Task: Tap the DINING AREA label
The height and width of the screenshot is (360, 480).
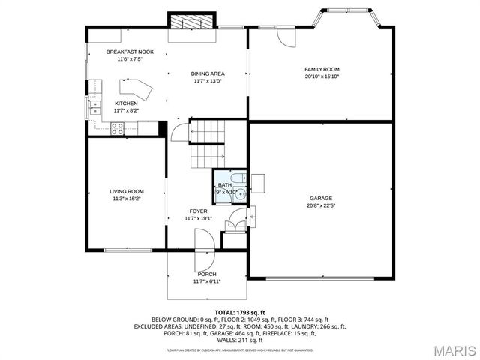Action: click(208, 73)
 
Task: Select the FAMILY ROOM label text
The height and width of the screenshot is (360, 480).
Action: click(322, 69)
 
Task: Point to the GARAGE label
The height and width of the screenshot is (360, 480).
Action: click(321, 198)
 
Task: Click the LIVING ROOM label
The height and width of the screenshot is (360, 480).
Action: click(127, 191)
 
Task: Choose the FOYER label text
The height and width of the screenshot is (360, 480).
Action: click(198, 211)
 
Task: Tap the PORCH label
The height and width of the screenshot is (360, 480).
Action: click(207, 274)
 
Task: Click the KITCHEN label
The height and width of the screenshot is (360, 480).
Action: click(125, 103)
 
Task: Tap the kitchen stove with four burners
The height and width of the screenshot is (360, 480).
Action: click(118, 128)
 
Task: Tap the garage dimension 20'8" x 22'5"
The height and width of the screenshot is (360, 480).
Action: click(321, 205)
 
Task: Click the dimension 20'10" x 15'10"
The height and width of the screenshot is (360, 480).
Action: click(322, 76)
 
